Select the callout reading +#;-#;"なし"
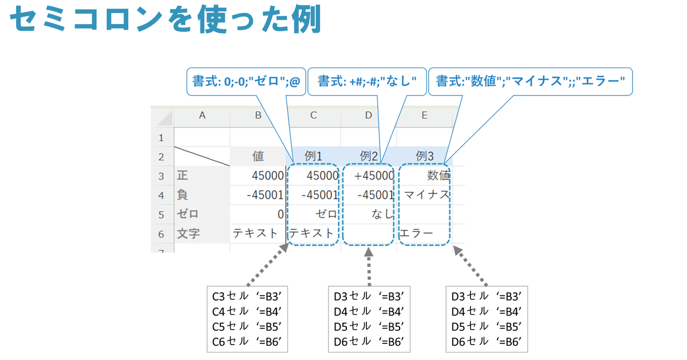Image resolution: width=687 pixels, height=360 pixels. [x=367, y=82]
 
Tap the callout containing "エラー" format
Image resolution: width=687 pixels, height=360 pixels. [x=530, y=82]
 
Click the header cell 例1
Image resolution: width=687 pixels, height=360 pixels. [x=313, y=156]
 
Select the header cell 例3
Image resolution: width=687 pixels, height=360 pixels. [x=424, y=156]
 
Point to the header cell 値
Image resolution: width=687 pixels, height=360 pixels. [x=258, y=156]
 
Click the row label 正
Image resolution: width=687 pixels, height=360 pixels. [x=183, y=175]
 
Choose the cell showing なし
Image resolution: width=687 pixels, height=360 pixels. [x=382, y=215]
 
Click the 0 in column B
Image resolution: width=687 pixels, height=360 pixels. [x=280, y=215]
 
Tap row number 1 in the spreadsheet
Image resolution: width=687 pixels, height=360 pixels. [x=161, y=137]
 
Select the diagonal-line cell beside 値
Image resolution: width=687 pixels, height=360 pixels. [x=202, y=156]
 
